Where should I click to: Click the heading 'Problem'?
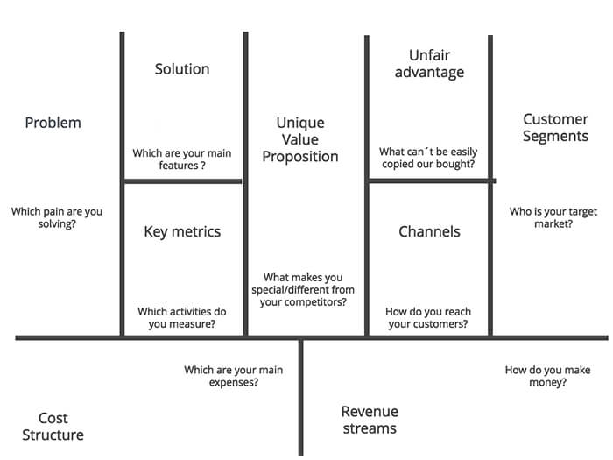(x=53, y=123)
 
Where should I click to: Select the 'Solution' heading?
(x=182, y=68)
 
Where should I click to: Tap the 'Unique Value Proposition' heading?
(x=300, y=139)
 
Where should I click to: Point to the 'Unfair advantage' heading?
(x=428, y=63)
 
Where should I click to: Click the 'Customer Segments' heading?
(x=555, y=127)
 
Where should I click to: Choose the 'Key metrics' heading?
(x=182, y=231)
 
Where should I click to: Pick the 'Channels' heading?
(x=429, y=231)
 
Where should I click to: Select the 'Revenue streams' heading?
(x=369, y=420)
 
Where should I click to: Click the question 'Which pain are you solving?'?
(x=56, y=217)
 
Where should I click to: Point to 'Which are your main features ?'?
(x=182, y=159)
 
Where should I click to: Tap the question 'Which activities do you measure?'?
(x=182, y=317)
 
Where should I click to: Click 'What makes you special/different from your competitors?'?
(x=303, y=290)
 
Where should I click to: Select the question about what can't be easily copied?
(x=427, y=159)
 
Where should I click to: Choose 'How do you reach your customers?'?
(x=427, y=317)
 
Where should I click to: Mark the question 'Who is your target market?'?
(x=553, y=217)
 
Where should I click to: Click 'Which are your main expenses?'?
(x=233, y=376)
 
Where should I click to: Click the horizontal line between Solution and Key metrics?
(x=182, y=181)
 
